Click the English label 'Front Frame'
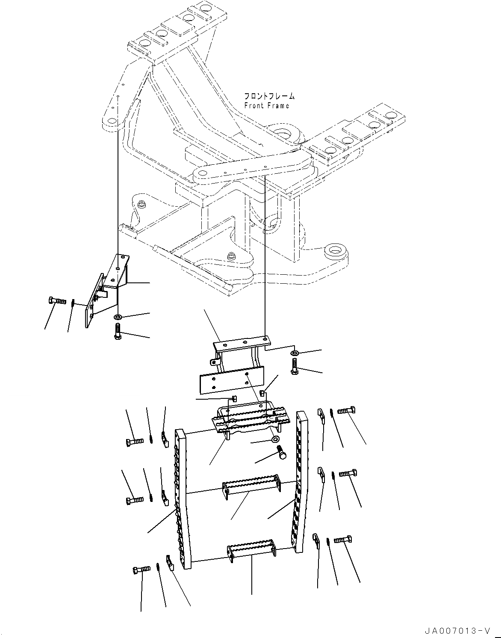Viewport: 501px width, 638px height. point(266,106)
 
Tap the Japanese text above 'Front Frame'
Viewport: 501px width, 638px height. point(269,96)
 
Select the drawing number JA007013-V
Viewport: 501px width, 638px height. point(457,631)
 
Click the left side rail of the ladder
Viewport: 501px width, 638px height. point(181,501)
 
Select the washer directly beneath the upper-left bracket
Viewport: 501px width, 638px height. point(118,317)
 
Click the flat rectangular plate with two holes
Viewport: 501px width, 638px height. point(231,382)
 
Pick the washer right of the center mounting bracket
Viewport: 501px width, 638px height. point(295,353)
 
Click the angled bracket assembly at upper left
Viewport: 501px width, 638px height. point(107,287)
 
